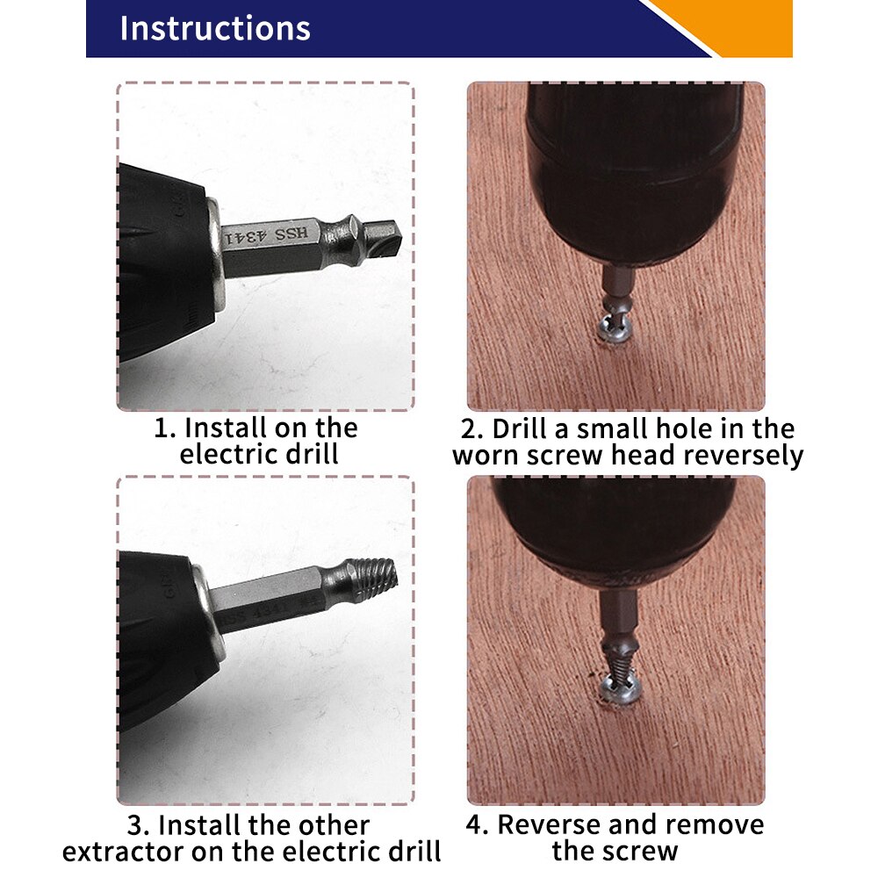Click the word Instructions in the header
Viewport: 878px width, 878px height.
click(214, 28)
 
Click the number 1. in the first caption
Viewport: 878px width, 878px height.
click(165, 428)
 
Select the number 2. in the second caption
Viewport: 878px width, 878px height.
click(472, 429)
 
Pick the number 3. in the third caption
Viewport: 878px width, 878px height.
click(140, 826)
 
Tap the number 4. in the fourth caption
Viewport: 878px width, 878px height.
click(477, 825)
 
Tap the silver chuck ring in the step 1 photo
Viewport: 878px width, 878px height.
click(214, 255)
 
